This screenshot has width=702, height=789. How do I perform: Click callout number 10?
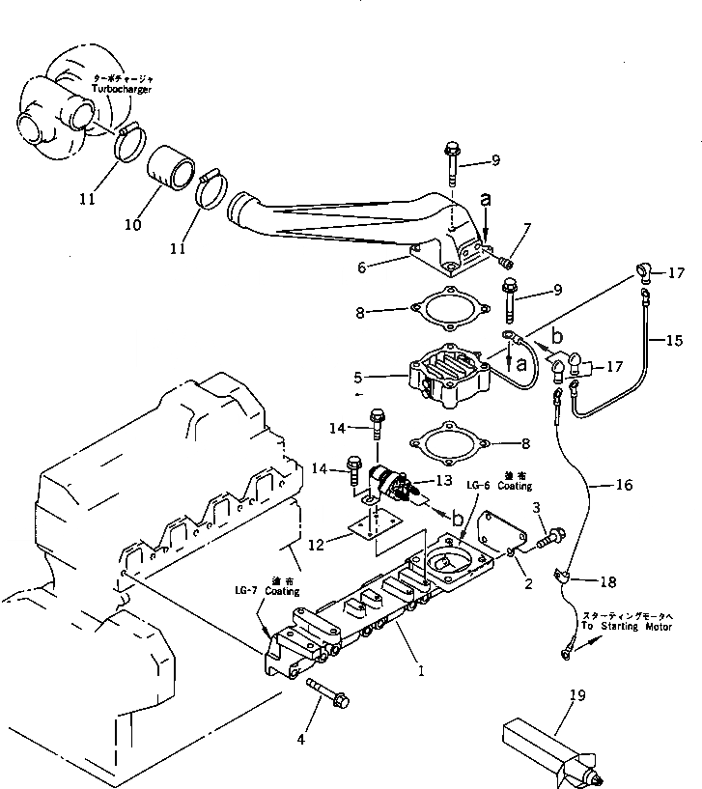pos(132,225)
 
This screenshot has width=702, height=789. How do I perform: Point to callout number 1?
pos(420,666)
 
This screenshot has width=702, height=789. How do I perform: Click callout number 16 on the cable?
pos(624,485)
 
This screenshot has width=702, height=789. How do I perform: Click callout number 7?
pos(527,228)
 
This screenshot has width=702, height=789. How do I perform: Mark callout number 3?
pos(548,506)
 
